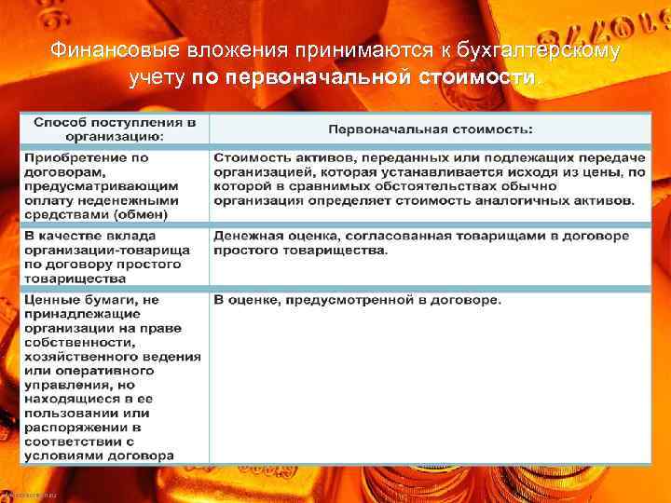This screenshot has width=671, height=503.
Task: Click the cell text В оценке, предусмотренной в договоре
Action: tap(357, 300)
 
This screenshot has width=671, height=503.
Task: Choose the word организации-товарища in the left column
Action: tap(107, 251)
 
